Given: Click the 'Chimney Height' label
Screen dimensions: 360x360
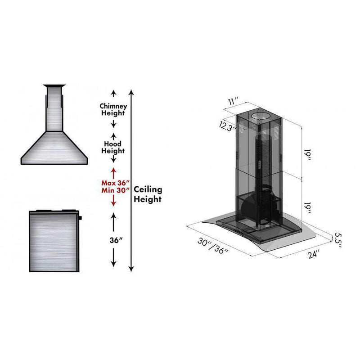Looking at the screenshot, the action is click(113, 109).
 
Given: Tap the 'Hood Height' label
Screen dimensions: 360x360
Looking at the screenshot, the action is click(113, 148).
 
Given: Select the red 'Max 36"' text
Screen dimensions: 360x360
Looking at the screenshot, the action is click(116, 183).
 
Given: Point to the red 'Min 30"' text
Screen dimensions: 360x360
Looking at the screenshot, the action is click(116, 190).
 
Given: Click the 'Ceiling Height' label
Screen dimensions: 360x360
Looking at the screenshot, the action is click(148, 194).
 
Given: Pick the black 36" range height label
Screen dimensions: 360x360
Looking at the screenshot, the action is click(116, 240).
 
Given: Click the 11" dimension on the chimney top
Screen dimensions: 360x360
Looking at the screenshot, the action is click(233, 101).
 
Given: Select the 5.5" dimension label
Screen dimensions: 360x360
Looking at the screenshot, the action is click(338, 240).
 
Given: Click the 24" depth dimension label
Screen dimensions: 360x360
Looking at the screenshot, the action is click(314, 254).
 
